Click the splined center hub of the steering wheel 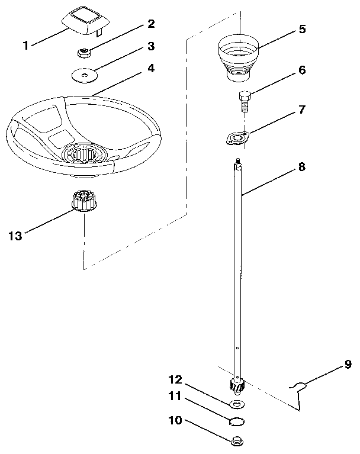(86, 155)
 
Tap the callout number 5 (302, 29)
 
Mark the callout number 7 (302, 110)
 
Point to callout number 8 (302, 167)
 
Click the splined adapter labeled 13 (82, 202)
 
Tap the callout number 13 (15, 236)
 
